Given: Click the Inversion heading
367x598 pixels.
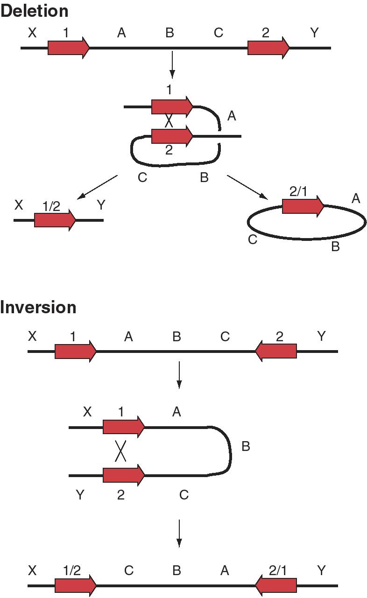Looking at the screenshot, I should click(x=38, y=307).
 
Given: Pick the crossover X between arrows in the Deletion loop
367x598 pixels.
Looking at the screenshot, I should click(x=169, y=121).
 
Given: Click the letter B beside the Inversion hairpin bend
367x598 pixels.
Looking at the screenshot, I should click(x=246, y=447).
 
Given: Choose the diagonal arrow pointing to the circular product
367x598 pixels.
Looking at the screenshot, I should click(x=247, y=187).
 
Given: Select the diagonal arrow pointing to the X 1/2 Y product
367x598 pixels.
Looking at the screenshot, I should click(x=98, y=187).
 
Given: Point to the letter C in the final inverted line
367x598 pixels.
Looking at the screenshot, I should click(x=129, y=570).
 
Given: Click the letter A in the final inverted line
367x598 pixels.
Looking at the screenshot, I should click(x=225, y=570).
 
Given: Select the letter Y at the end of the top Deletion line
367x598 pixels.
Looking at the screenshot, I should click(x=315, y=33).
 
